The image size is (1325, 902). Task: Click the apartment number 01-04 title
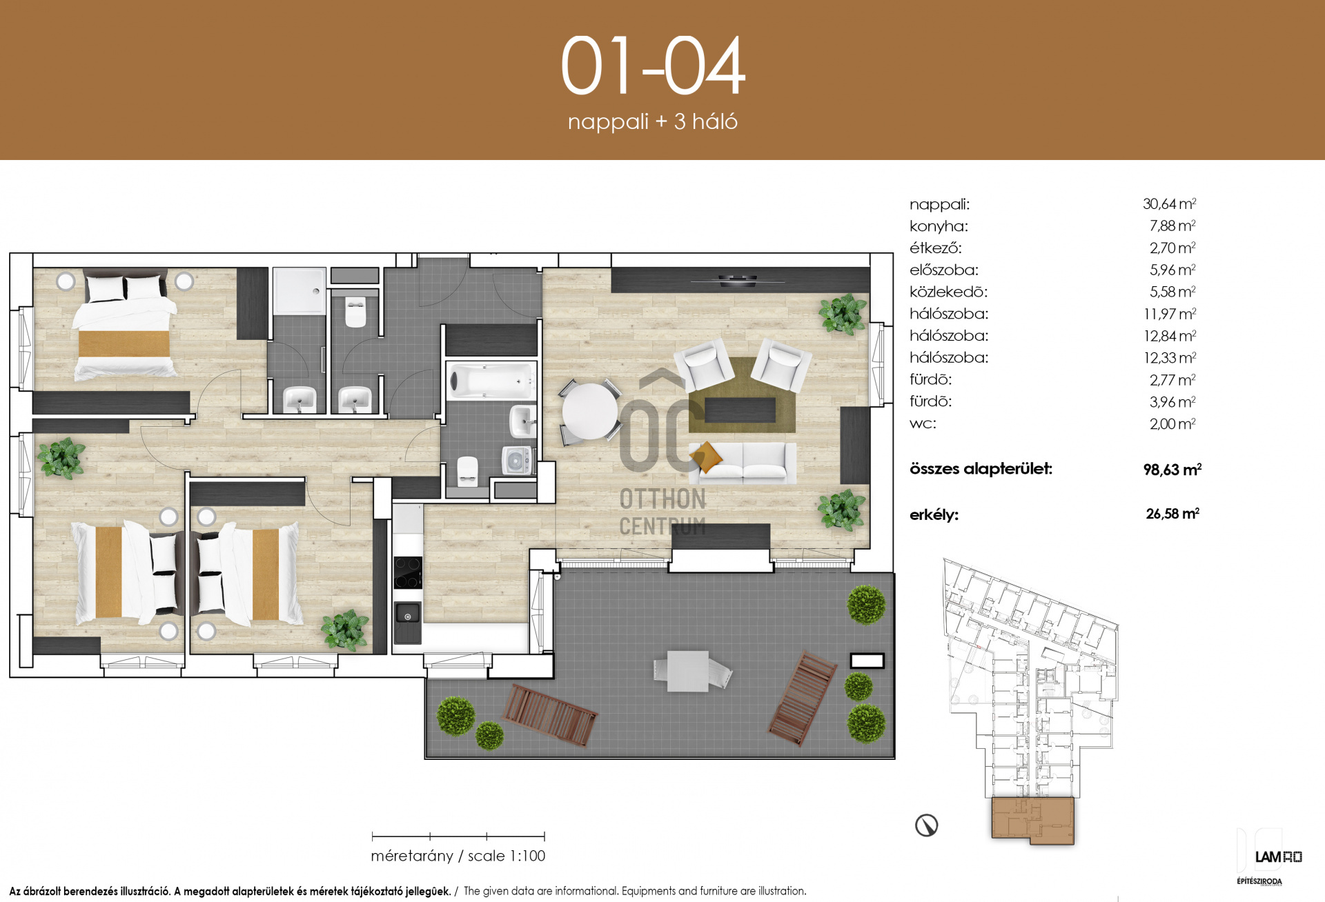point(653,66)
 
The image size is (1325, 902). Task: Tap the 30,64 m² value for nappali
point(1169,203)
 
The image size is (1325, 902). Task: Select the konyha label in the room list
point(939,226)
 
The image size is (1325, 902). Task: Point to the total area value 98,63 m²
point(1172,470)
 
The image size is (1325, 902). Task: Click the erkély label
point(934,514)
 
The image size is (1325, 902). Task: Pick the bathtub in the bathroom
point(491,381)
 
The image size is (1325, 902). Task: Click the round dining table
point(589,411)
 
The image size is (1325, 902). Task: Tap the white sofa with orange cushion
point(743,461)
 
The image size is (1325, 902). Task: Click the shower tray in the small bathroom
point(299,291)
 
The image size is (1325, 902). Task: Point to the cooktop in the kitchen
point(407,572)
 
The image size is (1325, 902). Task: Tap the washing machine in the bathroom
point(517,460)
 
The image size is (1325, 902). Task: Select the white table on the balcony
point(687,671)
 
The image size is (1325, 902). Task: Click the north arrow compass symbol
point(926,825)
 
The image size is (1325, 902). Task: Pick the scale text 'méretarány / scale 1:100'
point(458,856)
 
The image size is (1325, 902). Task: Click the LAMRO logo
point(1278,857)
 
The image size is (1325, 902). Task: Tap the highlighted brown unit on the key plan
point(1032,820)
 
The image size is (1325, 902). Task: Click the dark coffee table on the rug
point(740,410)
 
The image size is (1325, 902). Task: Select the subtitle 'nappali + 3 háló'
point(653,121)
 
